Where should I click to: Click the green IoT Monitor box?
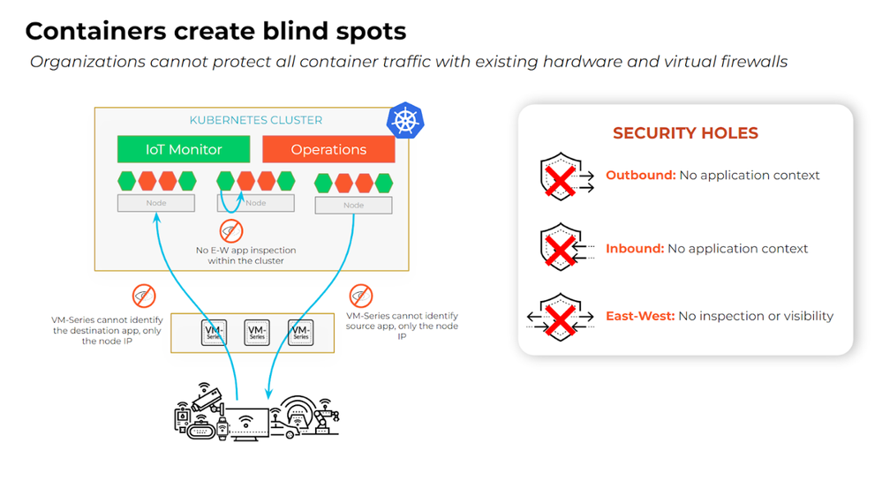pyautogui.click(x=184, y=149)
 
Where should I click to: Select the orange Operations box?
pyautogui.click(x=328, y=149)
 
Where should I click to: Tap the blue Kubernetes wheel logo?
pyautogui.click(x=405, y=121)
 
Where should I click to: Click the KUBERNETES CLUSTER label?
pyautogui.click(x=256, y=120)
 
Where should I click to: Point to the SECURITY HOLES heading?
pyautogui.click(x=685, y=133)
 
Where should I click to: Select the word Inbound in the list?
pyautogui.click(x=635, y=249)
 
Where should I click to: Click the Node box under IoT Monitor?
pyautogui.click(x=155, y=203)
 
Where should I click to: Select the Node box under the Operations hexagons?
pyautogui.click(x=353, y=205)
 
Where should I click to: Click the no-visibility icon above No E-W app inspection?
pyautogui.click(x=231, y=232)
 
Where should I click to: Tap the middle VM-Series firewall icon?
pyautogui.click(x=257, y=333)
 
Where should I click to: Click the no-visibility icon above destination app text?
pyautogui.click(x=143, y=295)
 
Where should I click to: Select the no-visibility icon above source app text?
pyautogui.click(x=360, y=295)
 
